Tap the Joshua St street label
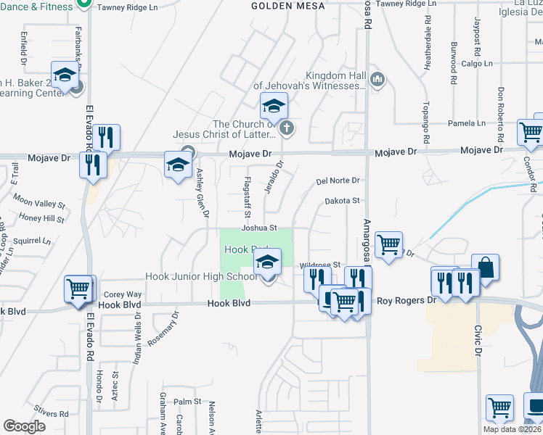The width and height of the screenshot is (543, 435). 260,228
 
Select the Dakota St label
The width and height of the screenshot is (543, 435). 342,201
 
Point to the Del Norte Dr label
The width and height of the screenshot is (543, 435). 338,181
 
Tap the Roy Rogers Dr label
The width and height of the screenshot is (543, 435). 407,299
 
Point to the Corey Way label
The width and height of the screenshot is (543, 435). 123,294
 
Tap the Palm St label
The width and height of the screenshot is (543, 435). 187,401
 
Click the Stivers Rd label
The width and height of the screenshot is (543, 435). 54,414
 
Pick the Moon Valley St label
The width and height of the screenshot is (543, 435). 39,204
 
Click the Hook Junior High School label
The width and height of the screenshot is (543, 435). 201,276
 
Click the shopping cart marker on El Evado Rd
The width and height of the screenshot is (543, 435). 80,288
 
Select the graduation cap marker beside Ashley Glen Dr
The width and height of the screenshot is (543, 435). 178,164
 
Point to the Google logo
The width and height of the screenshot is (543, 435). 24,426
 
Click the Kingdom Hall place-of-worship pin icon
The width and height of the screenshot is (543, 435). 377,79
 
